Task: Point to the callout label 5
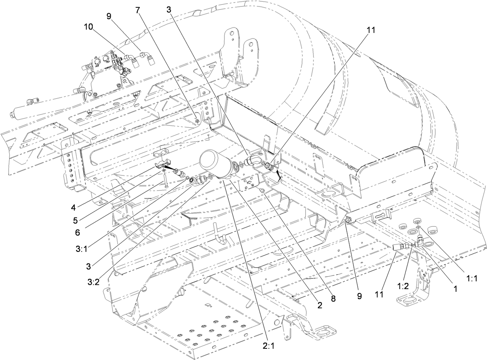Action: pos(75,220)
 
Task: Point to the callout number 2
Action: pos(320,306)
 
